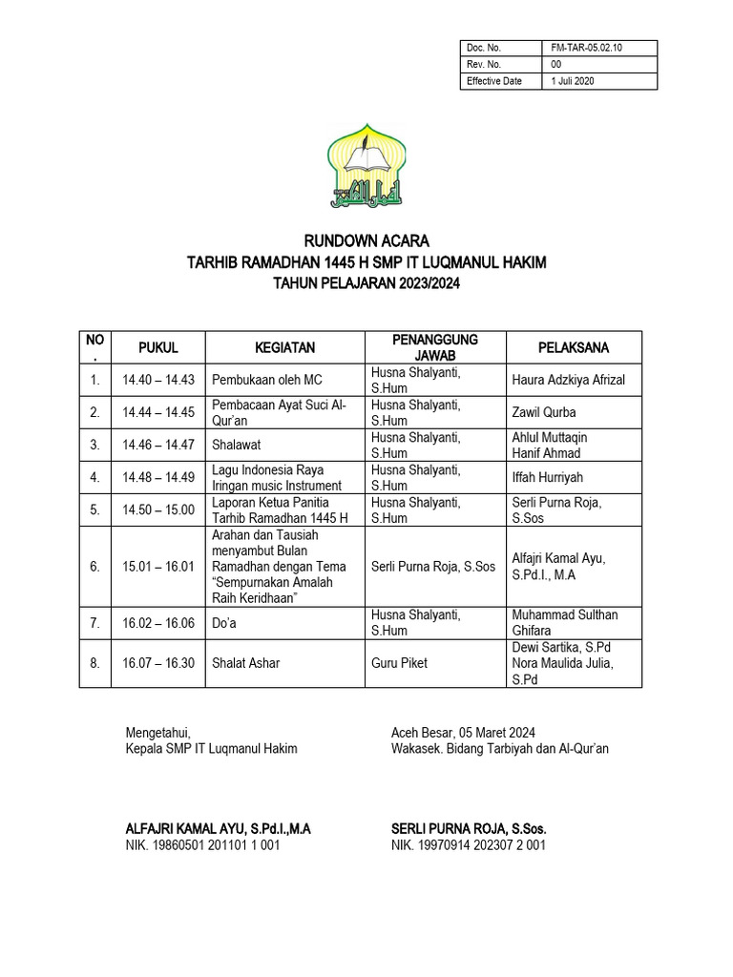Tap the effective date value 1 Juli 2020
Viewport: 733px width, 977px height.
[573, 81]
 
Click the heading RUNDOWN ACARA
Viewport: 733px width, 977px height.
[366, 239]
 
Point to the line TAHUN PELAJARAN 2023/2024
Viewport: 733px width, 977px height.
[366, 283]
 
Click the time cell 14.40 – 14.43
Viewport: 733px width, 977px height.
[158, 380]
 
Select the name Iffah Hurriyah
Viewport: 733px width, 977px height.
[547, 477]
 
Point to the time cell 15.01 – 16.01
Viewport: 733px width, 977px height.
[158, 566]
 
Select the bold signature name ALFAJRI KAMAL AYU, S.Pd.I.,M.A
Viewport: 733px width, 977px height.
[219, 828]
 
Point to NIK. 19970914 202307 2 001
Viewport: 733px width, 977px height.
[469, 844]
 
